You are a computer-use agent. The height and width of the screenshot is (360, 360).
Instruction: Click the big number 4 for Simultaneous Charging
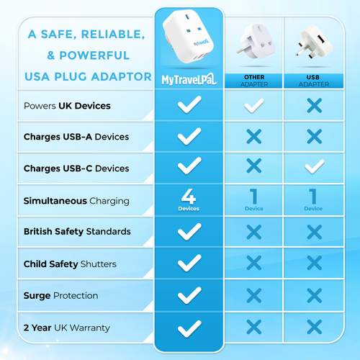click(189, 197)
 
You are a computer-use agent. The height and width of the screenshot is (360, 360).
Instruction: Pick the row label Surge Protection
click(61, 296)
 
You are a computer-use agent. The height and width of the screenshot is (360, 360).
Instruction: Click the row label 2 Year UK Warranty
click(67, 328)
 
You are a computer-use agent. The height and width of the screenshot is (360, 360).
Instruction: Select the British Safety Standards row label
click(77, 232)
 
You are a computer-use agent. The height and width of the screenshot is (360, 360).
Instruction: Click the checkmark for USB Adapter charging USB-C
click(313, 166)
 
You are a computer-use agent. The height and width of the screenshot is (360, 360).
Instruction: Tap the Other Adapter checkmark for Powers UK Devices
click(253, 106)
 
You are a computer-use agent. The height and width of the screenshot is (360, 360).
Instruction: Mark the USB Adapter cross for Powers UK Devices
click(313, 106)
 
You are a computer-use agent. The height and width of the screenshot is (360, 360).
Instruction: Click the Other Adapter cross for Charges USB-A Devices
click(253, 136)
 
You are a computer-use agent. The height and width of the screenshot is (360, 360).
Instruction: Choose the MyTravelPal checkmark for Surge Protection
click(189, 295)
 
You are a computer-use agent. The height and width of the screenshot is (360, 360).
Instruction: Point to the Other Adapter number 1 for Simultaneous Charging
click(253, 197)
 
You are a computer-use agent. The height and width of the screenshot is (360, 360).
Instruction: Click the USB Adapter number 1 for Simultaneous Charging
click(313, 197)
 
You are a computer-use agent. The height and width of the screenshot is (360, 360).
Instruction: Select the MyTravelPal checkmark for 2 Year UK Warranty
click(189, 328)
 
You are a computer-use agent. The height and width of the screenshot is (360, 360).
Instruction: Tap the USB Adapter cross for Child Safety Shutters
click(313, 263)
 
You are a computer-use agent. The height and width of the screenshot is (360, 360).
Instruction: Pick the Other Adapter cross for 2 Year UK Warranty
click(253, 327)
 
